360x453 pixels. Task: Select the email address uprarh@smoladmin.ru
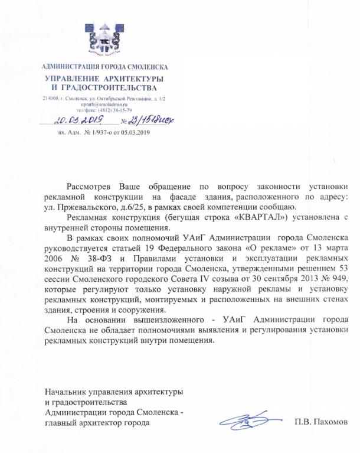103,103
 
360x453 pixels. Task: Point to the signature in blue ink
244,421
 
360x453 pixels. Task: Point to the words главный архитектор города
97,423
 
